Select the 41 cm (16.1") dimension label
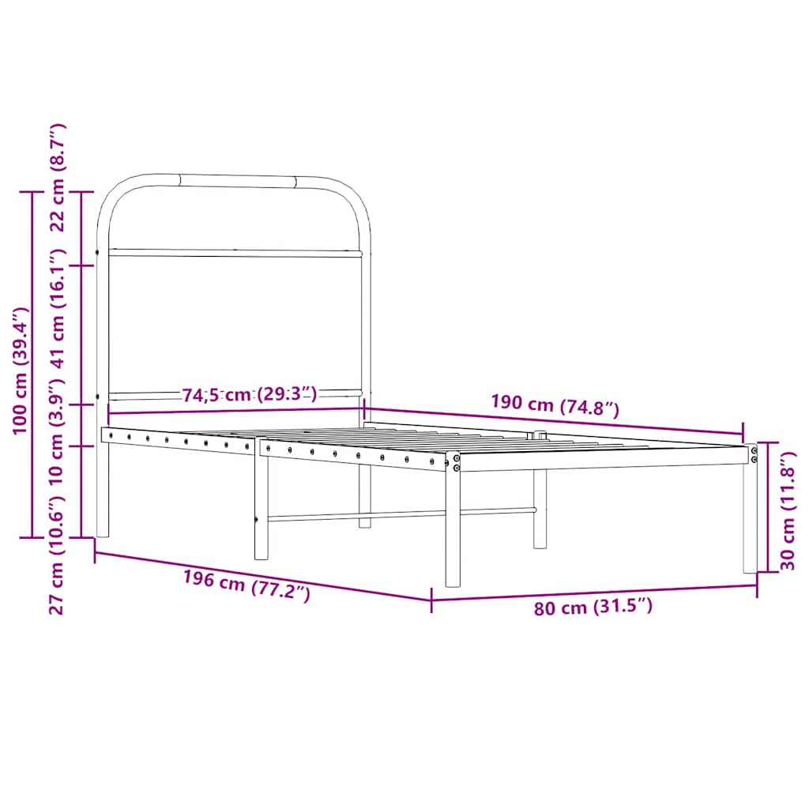pos(57,309)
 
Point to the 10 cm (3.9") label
pos(57,426)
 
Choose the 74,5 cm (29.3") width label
pos(250,394)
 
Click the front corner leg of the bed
pos(453,529)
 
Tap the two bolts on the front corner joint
pos(456,462)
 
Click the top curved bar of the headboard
pos(237,181)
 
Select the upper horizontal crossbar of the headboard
pos(235,253)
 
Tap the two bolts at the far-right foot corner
pos(754,454)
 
